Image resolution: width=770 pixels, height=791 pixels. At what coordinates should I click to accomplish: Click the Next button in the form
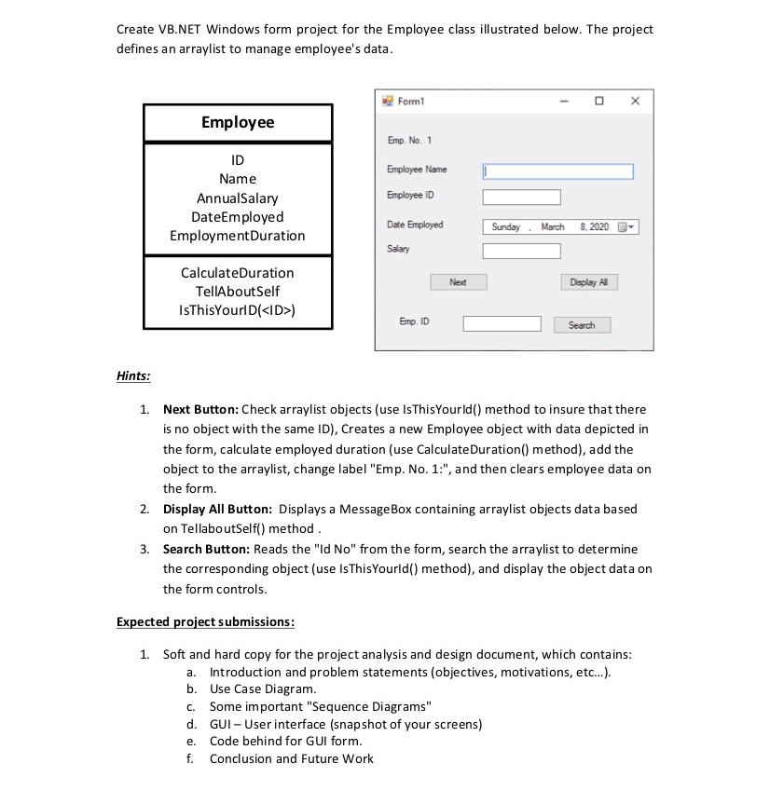pos(458,282)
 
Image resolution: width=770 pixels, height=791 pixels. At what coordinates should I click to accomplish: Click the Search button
pos(581,325)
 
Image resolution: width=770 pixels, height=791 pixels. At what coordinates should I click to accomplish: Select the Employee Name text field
pos(557,171)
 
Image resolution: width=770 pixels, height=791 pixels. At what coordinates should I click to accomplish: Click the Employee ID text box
pos(521,198)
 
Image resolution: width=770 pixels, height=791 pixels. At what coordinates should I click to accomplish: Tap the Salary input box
pos(521,252)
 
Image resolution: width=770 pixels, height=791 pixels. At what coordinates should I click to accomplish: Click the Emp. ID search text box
pos(502,324)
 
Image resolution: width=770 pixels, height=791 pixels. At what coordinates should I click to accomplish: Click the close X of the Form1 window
pos(635,101)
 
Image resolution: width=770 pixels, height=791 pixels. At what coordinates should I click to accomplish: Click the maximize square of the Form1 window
pos(599,101)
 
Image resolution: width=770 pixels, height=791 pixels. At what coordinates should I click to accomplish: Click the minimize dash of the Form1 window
pos(564,101)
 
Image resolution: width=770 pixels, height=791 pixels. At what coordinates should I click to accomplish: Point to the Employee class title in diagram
pos(238,122)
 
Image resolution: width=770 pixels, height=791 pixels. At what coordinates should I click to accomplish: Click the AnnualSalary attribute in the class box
pos(237,198)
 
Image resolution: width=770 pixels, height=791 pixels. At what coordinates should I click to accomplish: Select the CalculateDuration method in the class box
pos(237,273)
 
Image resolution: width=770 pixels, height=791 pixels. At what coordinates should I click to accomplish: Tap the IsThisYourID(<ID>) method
pos(237,310)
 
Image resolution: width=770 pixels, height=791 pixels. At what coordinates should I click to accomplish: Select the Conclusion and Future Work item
pos(291,758)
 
